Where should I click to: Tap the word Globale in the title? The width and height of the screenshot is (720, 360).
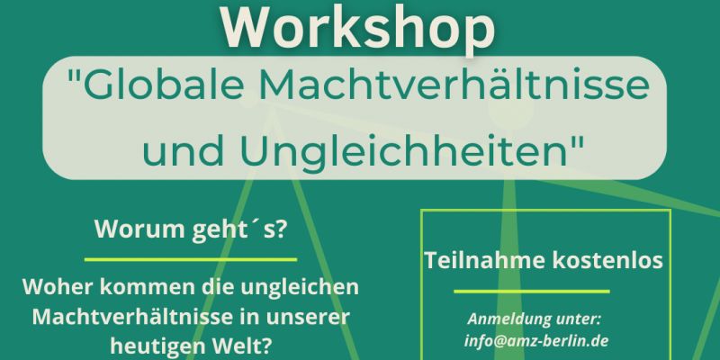(x=155, y=86)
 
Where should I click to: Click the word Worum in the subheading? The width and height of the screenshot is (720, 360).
(x=128, y=229)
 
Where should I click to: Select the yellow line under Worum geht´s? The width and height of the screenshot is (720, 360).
(x=191, y=259)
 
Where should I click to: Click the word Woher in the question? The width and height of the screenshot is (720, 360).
(x=52, y=287)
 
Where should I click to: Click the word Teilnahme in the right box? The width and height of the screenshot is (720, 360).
(x=482, y=260)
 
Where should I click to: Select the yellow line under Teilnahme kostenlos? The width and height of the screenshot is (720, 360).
(x=532, y=291)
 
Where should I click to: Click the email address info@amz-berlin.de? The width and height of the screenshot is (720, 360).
(x=536, y=341)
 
